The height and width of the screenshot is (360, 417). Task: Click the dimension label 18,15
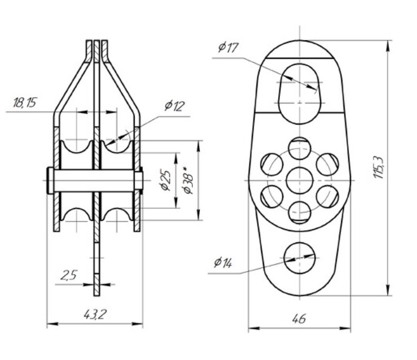point(25,104)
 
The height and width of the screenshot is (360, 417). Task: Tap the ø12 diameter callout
point(175,106)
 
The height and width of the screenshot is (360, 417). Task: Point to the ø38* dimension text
point(188,181)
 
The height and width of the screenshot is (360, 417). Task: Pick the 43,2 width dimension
point(94,314)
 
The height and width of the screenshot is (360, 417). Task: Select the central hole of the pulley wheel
point(300,178)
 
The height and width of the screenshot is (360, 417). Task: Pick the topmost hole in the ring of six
point(300,146)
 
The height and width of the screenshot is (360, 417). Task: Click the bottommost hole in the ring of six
point(300,211)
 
